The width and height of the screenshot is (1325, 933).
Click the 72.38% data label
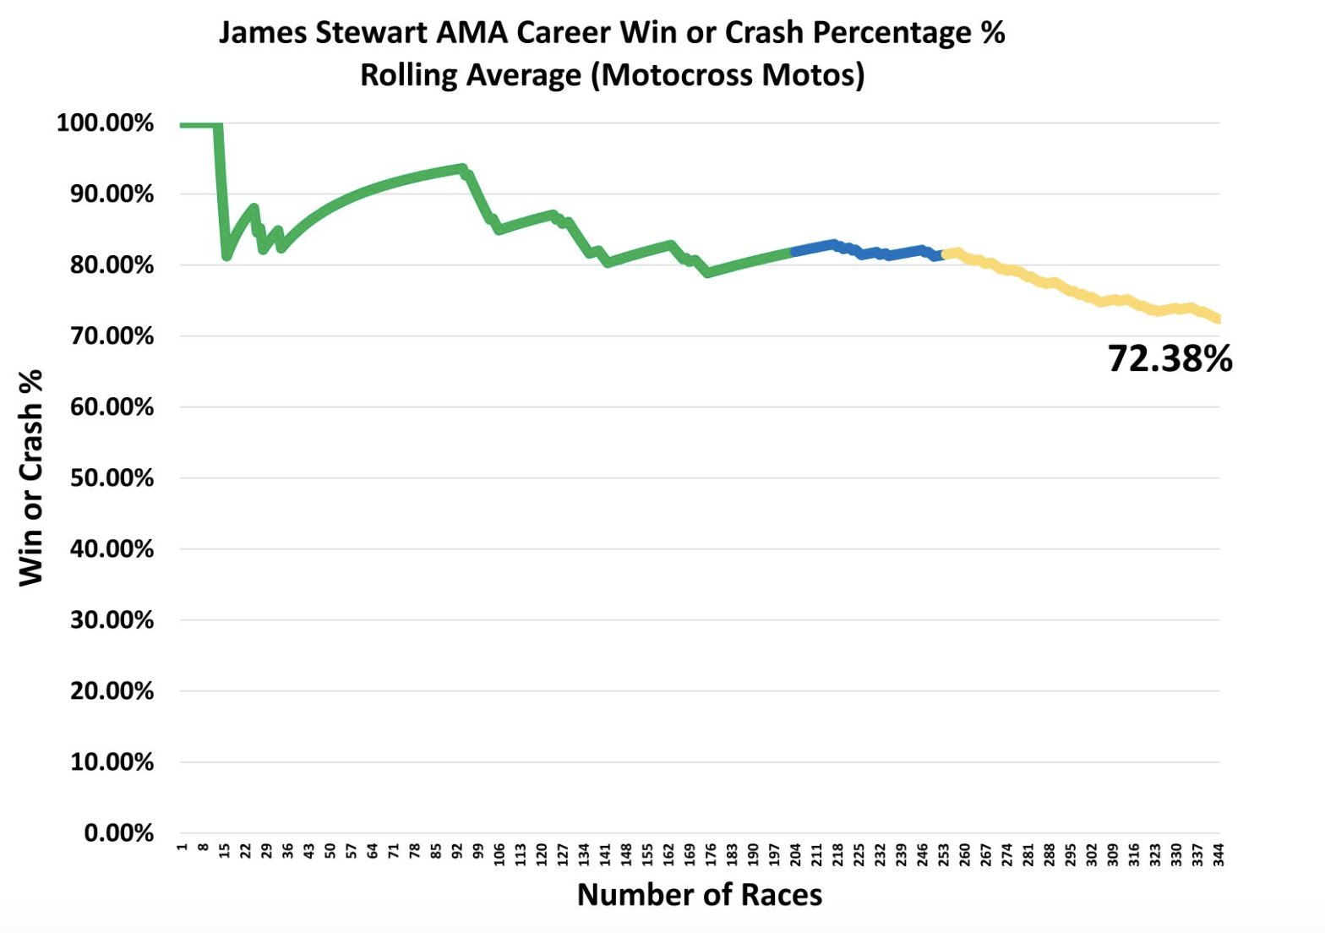pyautogui.click(x=1170, y=359)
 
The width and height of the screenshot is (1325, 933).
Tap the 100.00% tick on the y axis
pyautogui.click(x=105, y=123)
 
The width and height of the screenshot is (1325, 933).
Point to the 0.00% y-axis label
pyautogui.click(x=118, y=833)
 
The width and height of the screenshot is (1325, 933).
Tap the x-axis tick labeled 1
pyautogui.click(x=182, y=847)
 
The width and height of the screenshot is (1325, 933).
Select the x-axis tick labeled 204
pyautogui.click(x=795, y=854)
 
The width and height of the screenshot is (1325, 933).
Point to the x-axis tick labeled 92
pyautogui.click(x=457, y=851)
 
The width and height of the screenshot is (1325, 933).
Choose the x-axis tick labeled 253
pyautogui.click(x=943, y=854)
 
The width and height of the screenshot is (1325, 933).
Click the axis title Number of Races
pyautogui.click(x=699, y=895)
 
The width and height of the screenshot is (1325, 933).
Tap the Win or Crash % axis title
pyautogui.click(x=30, y=477)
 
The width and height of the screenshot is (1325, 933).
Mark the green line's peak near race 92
pyautogui.click(x=461, y=167)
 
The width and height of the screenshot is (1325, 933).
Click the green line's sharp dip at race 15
pyautogui.click(x=226, y=255)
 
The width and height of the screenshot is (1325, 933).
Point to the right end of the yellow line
pyautogui.click(x=1218, y=319)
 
